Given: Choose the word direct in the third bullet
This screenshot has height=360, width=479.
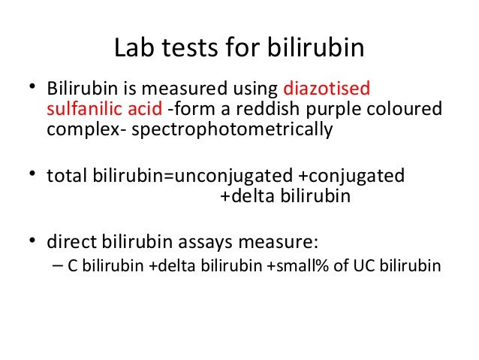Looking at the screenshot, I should click(x=70, y=242).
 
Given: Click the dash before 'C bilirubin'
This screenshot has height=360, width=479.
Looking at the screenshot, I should click(x=59, y=267).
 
